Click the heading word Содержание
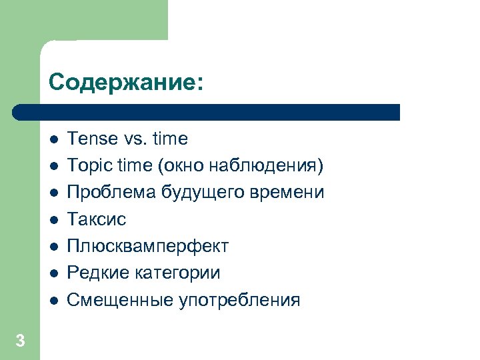[x=122, y=83]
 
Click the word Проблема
[x=112, y=193]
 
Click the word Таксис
[x=97, y=219]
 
